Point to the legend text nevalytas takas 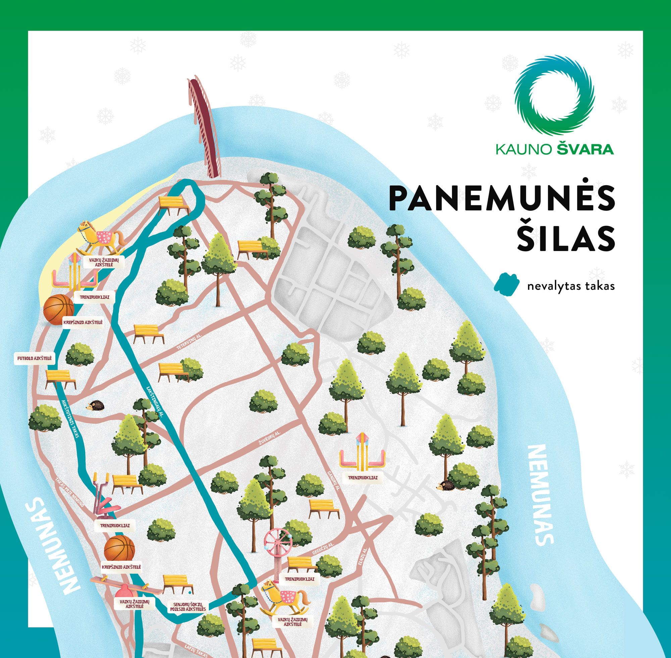(x=571, y=287)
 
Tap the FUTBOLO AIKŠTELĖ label (x=34, y=358)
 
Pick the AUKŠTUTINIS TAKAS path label (x=70, y=418)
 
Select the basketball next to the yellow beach (x=59, y=309)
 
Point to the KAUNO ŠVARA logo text (x=555, y=149)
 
